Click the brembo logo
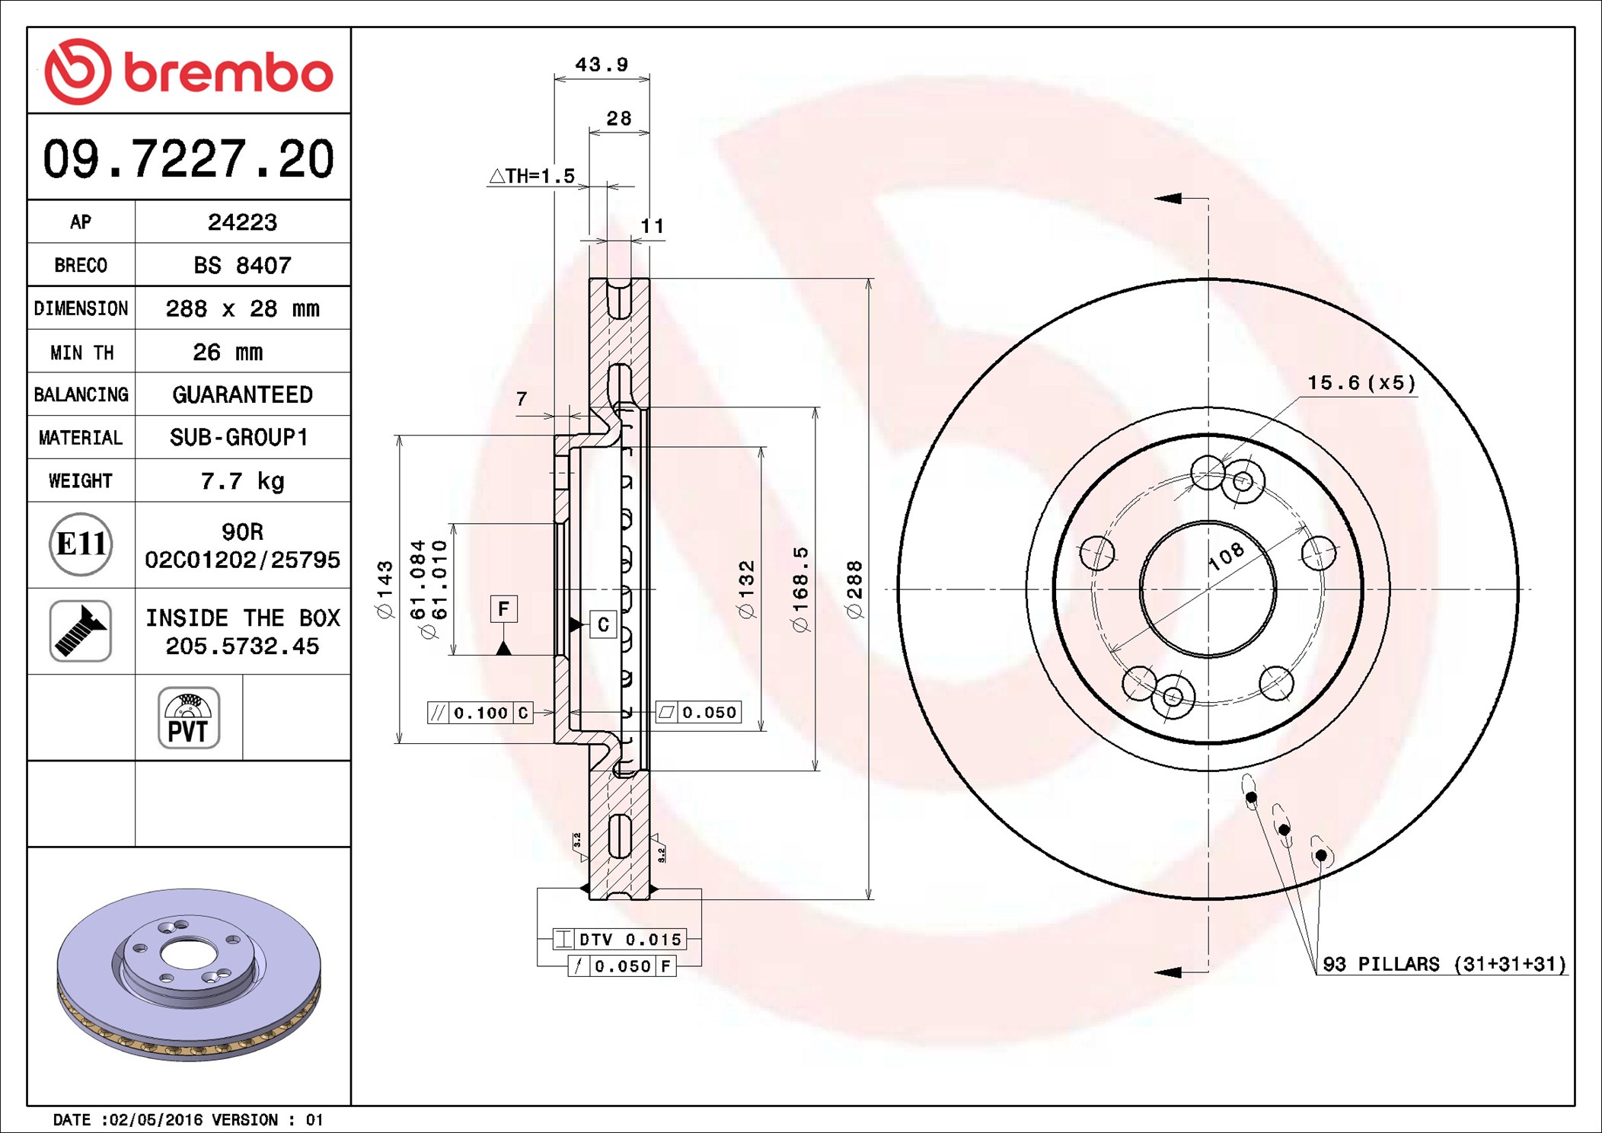click(189, 72)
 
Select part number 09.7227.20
click(188, 159)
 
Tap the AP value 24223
click(242, 222)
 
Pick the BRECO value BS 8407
click(242, 265)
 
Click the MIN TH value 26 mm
click(228, 352)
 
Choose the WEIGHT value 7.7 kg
click(242, 481)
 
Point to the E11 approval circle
click(81, 544)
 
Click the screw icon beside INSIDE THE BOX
click(81, 630)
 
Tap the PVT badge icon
click(189, 717)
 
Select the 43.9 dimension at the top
click(602, 65)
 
